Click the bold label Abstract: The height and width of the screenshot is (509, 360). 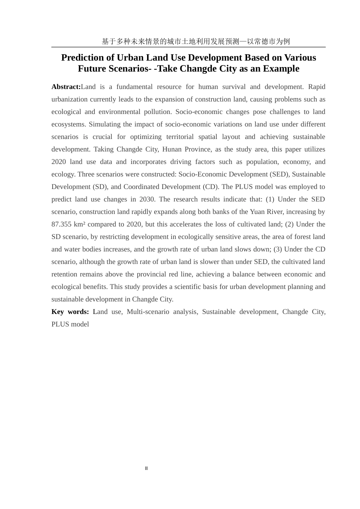click(x=66, y=87)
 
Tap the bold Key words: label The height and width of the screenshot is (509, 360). click(x=70, y=312)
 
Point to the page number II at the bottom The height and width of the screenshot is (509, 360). click(x=146, y=468)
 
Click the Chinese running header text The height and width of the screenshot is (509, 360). click(x=196, y=42)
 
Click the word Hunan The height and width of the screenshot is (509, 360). click(x=172, y=149)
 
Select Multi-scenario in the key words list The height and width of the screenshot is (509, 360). click(x=148, y=312)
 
